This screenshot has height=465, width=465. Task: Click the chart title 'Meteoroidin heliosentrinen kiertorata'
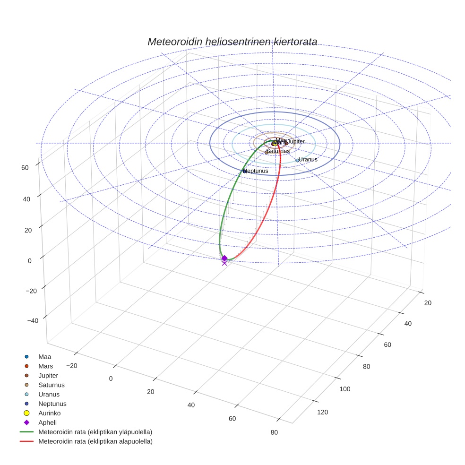tap(232, 42)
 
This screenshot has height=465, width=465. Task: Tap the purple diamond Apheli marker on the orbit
tap(224, 258)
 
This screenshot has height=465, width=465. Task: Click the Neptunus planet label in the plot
tap(256, 171)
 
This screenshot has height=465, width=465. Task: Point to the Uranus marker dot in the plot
tap(297, 161)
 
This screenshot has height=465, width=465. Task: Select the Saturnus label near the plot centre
tap(278, 151)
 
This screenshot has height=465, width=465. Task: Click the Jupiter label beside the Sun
tap(296, 141)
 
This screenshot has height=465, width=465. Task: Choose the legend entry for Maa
tap(44, 357)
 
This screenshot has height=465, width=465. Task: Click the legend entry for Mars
tap(45, 366)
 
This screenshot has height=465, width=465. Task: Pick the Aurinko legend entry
tap(49, 413)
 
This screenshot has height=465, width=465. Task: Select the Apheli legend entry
tap(47, 422)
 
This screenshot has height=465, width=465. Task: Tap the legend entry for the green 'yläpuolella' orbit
tap(95, 432)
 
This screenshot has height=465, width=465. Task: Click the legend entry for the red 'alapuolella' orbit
tap(95, 441)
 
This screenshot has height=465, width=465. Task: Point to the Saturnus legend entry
tap(51, 385)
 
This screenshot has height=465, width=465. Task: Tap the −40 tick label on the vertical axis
tap(33, 321)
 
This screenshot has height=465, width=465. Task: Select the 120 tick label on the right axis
tap(322, 413)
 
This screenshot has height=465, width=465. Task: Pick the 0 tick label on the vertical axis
tap(29, 260)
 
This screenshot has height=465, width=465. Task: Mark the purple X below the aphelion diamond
tap(224, 263)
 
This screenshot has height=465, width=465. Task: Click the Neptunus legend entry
tap(52, 404)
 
